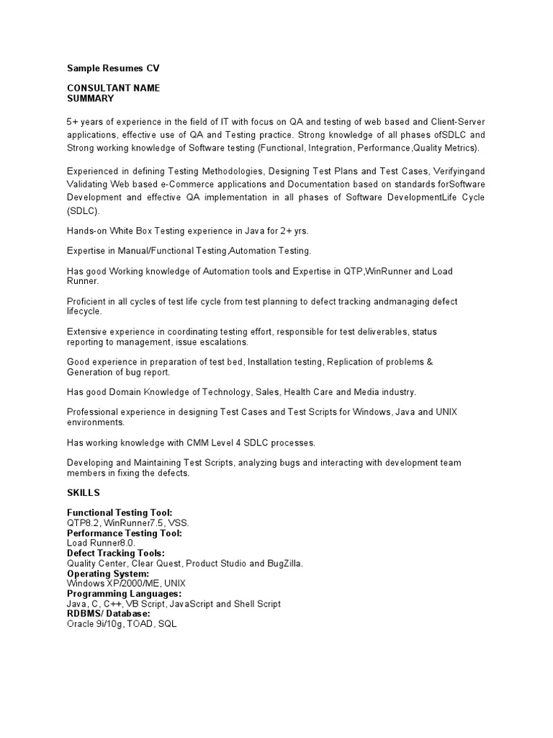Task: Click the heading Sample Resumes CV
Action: point(113,68)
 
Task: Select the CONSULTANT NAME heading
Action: point(113,88)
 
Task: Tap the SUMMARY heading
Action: point(90,98)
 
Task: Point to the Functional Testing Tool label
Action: point(120,512)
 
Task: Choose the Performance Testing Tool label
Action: point(124,533)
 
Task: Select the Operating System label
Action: point(108,573)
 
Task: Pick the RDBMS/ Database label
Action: point(108,613)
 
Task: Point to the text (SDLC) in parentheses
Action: point(84,210)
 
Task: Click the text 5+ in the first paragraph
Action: point(73,121)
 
